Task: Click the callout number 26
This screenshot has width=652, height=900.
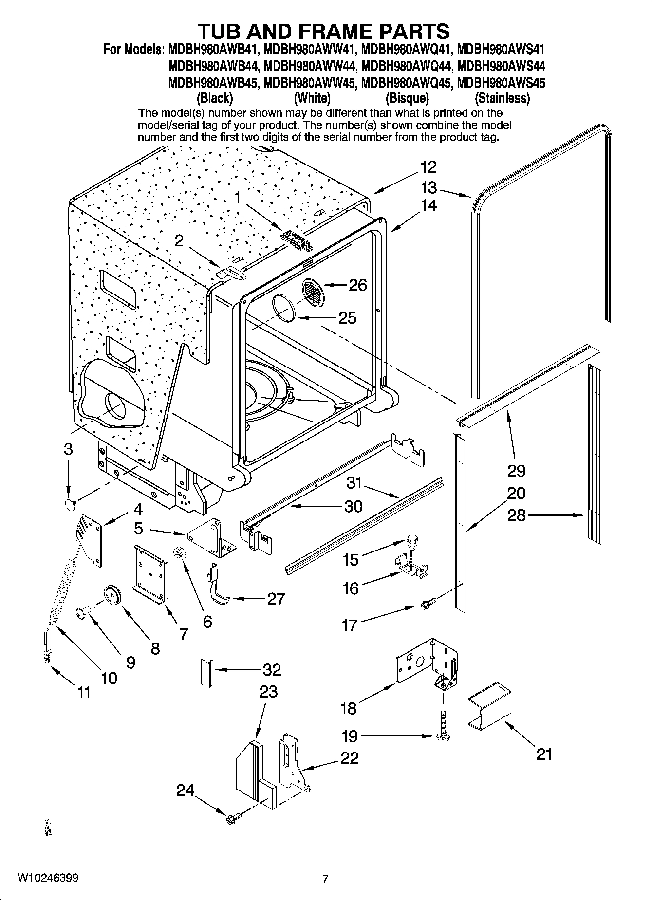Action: (358, 285)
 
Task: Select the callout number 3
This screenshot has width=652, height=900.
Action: (68, 449)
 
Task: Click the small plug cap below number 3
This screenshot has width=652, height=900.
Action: (70, 504)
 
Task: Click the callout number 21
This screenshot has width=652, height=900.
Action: (544, 754)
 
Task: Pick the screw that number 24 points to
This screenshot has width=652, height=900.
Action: (232, 819)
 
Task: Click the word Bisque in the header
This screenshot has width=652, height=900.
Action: (407, 98)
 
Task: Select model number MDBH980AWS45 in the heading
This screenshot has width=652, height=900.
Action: (502, 83)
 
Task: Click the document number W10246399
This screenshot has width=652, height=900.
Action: (48, 878)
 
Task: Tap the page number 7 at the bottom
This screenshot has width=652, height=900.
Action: (325, 879)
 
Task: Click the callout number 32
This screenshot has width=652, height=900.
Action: (272, 670)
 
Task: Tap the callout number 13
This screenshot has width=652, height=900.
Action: (428, 187)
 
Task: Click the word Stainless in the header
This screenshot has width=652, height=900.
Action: (502, 98)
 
